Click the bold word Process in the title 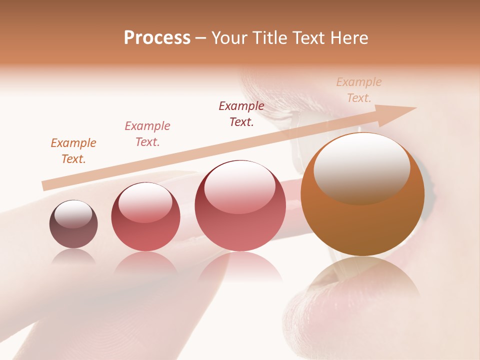pos(157,38)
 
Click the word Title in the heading pos(271,38)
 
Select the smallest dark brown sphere pos(73,224)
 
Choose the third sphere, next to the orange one pos(240,206)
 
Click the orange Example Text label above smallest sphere pos(73,151)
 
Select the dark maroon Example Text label pos(241,114)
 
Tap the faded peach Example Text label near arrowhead pos(359,90)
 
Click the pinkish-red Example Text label pos(147,134)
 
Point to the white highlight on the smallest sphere pos(73,213)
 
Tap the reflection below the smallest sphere pos(74,257)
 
